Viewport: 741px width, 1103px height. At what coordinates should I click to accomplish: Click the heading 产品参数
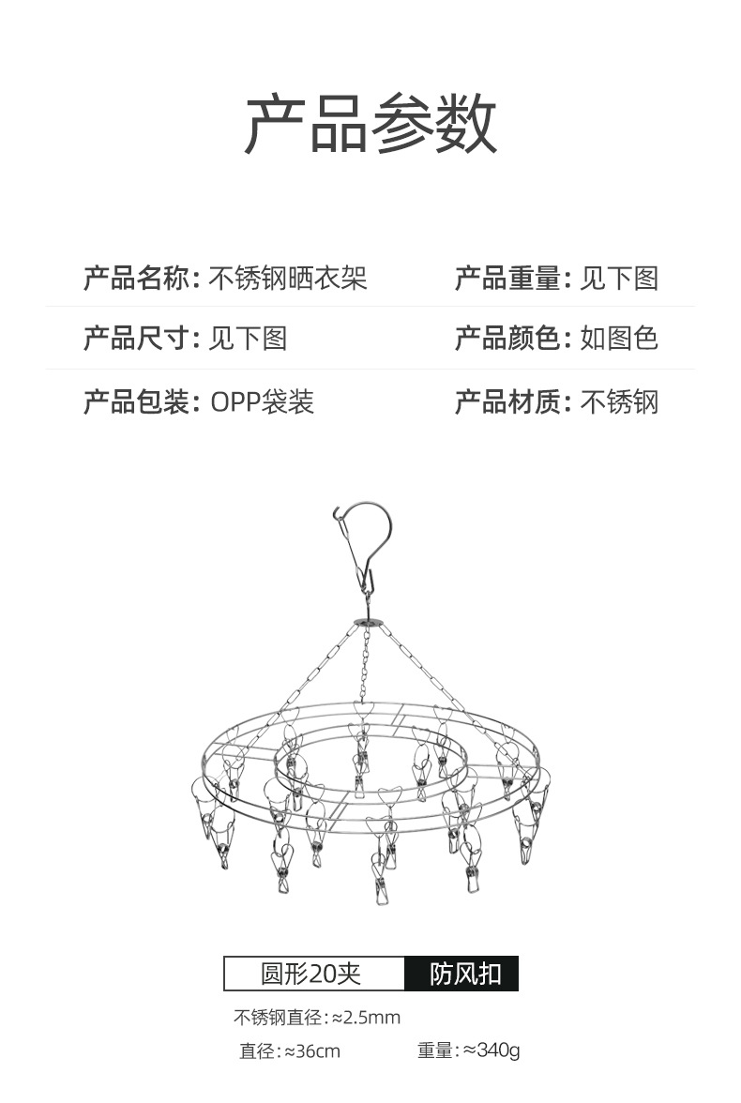pyautogui.click(x=370, y=124)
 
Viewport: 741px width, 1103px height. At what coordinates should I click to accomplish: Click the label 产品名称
pyautogui.click(x=136, y=279)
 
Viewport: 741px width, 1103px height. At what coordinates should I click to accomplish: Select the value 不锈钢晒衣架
pyautogui.click(x=287, y=279)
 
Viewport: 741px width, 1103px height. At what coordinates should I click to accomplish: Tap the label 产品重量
pyautogui.click(x=507, y=279)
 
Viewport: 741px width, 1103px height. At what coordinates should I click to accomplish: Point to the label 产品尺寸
pyautogui.click(x=136, y=338)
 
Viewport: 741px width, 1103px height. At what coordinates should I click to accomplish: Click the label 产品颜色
pyautogui.click(x=507, y=338)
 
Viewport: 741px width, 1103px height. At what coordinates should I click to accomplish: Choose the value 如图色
pyautogui.click(x=619, y=338)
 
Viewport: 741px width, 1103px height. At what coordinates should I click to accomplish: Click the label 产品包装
pyautogui.click(x=136, y=402)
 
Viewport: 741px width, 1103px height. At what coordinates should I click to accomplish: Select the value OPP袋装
pyautogui.click(x=262, y=402)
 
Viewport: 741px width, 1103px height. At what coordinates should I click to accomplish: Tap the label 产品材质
pyautogui.click(x=507, y=402)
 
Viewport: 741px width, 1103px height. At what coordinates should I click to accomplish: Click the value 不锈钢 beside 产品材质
pyautogui.click(x=619, y=402)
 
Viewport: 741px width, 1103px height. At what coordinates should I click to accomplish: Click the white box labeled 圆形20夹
pyautogui.click(x=314, y=974)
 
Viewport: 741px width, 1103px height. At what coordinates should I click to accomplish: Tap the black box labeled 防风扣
pyautogui.click(x=461, y=974)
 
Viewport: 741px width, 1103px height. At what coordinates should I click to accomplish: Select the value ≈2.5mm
pyautogui.click(x=367, y=1018)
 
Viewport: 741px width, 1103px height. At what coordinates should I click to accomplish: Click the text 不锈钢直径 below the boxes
pyautogui.click(x=275, y=1018)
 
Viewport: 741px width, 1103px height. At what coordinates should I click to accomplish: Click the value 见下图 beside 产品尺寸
pyautogui.click(x=247, y=338)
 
